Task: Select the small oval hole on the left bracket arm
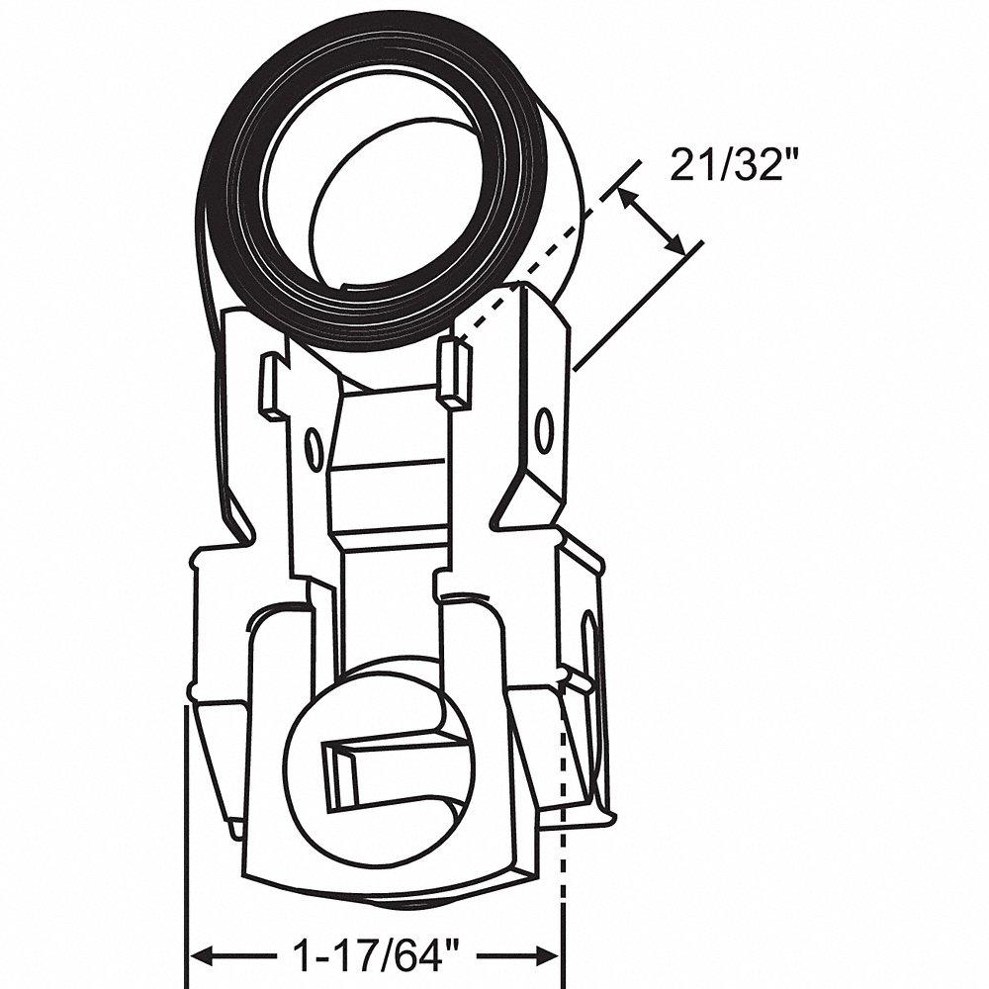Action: [x=314, y=446]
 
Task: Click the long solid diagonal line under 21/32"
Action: [x=638, y=307]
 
